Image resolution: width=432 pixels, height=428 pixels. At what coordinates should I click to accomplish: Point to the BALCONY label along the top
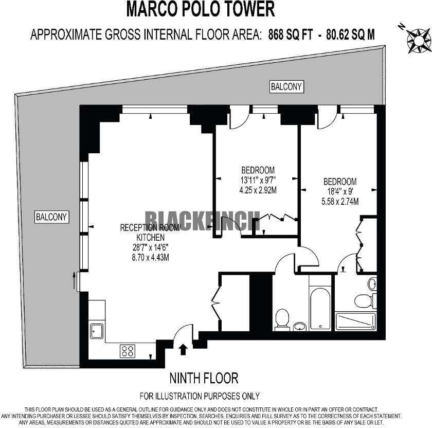[x=286, y=87]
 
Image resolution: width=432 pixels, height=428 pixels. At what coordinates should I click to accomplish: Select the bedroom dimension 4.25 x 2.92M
[x=258, y=189]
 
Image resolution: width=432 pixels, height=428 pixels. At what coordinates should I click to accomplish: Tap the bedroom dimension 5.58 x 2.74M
[x=339, y=201]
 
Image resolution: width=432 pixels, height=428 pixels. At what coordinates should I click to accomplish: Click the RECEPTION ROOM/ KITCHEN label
[x=150, y=233]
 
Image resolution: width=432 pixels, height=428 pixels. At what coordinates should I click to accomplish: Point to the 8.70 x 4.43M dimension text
[x=150, y=257]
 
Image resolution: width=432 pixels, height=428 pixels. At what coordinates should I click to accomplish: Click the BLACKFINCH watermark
[x=202, y=221]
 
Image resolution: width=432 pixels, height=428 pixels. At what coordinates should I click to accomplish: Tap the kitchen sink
[x=97, y=330]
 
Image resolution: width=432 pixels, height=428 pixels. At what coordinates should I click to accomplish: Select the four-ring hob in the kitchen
[x=128, y=351]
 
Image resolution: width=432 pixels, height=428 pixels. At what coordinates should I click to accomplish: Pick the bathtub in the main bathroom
[x=319, y=309]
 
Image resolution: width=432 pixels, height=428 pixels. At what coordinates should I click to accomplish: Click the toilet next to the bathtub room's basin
[x=282, y=318]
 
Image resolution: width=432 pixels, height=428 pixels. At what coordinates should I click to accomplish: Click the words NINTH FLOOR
[x=204, y=379]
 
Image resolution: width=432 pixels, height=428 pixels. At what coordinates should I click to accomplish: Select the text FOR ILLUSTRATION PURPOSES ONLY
[x=200, y=396]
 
